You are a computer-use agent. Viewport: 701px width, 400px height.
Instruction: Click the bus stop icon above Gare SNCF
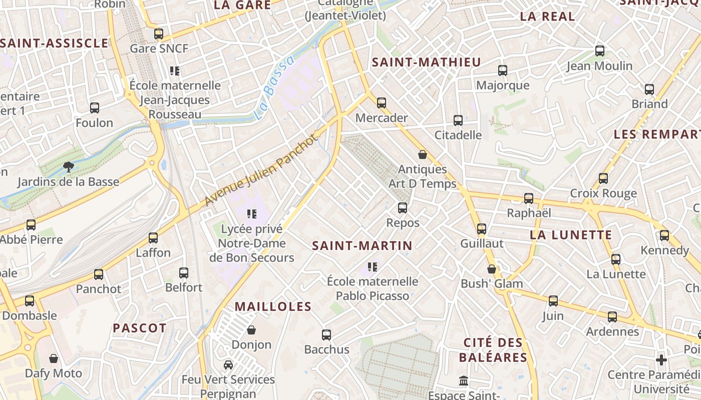click(159, 34)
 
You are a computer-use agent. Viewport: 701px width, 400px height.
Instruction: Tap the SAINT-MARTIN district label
click(362, 245)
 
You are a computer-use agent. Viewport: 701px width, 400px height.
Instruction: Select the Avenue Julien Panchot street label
click(261, 170)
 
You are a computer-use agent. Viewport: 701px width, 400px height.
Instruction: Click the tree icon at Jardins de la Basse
click(68, 166)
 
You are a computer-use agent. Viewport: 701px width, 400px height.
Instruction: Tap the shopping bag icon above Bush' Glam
click(492, 269)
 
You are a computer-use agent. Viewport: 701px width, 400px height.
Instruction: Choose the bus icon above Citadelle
click(458, 120)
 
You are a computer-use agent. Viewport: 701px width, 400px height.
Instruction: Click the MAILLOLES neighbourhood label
click(273, 306)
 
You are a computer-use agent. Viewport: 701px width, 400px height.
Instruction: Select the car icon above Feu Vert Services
click(228, 364)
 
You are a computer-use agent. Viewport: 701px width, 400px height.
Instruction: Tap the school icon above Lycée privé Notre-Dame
click(252, 214)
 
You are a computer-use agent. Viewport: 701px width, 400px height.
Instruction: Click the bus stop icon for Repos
click(403, 208)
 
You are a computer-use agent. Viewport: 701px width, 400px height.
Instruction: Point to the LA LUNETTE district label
click(571, 235)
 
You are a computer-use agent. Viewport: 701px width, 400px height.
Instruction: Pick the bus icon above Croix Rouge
click(603, 178)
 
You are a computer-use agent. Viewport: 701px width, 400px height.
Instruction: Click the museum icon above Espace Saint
click(464, 381)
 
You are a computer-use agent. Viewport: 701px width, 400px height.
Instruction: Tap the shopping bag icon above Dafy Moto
click(54, 358)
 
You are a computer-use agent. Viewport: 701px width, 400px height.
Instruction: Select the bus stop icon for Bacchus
click(326, 334)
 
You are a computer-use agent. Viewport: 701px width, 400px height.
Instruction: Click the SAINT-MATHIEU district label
click(426, 62)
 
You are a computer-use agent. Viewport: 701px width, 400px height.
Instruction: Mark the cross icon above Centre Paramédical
click(661, 360)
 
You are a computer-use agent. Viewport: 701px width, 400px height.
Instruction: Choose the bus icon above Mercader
click(382, 103)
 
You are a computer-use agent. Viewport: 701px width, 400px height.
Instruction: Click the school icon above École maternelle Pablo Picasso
click(372, 266)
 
